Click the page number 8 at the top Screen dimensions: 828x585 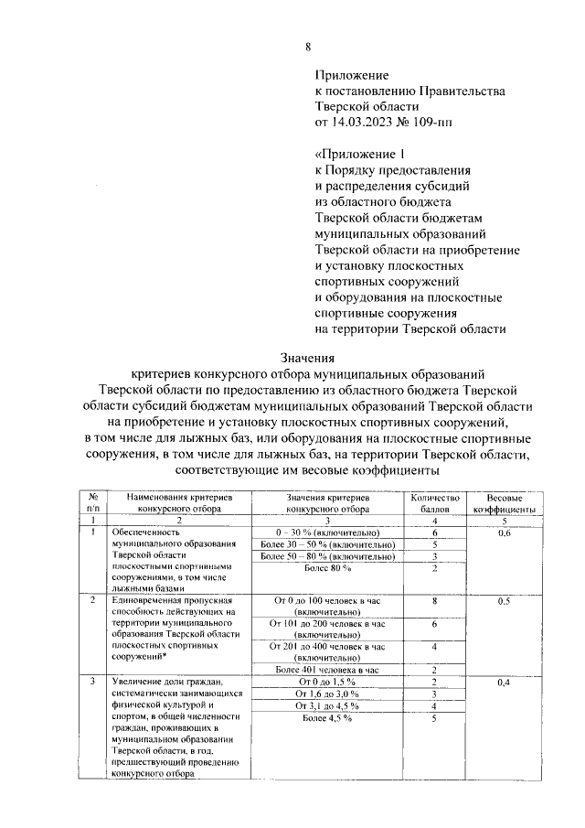(308, 47)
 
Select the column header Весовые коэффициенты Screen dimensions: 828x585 (504, 499)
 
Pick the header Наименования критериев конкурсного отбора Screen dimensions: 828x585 (179, 499)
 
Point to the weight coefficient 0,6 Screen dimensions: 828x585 (504, 532)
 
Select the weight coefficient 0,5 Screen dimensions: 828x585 (504, 601)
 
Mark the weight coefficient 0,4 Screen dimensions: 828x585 (504, 683)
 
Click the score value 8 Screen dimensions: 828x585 (435, 601)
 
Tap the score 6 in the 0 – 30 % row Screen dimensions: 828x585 (435, 532)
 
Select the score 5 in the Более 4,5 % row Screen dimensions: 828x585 (435, 718)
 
